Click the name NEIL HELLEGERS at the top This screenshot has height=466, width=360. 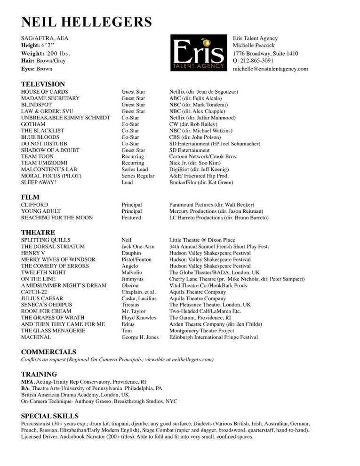click(x=87, y=22)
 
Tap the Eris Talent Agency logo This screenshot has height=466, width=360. click(x=199, y=54)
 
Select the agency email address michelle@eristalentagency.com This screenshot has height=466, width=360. click(x=270, y=69)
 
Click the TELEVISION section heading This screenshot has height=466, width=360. click(x=43, y=84)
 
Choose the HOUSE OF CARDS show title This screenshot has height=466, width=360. click(x=45, y=92)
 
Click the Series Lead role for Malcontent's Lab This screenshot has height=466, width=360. click(x=135, y=169)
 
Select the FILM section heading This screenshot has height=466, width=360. click(x=31, y=197)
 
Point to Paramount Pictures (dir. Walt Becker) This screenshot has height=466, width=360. click(x=211, y=205)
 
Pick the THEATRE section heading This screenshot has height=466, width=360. click(x=38, y=233)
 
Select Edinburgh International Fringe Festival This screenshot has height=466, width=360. click(x=214, y=337)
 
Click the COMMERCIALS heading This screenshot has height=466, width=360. click(x=48, y=352)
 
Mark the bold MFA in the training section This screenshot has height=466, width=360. click(x=27, y=382)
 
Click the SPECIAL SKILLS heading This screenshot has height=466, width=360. click(x=50, y=416)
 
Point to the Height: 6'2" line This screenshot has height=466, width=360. click(x=38, y=46)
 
